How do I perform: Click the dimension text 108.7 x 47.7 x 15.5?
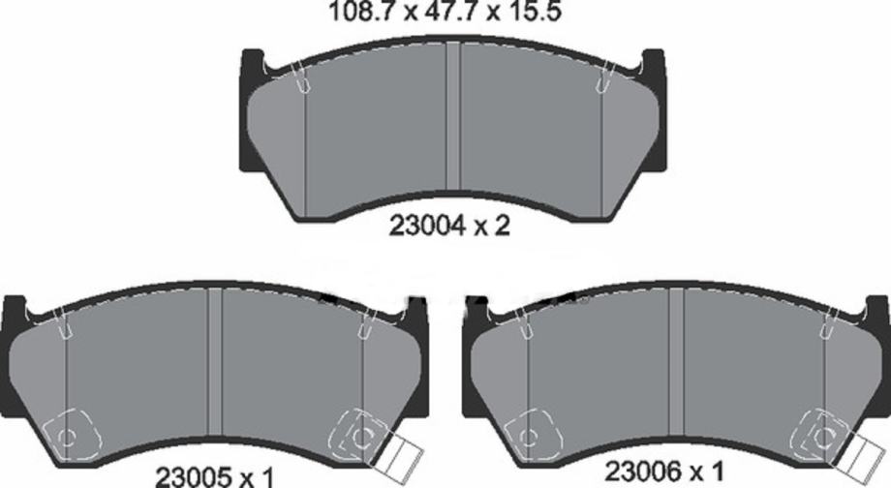[x=445, y=12]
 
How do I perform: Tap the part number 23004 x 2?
[x=449, y=227]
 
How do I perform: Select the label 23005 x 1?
[x=215, y=476]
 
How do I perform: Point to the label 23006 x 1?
[x=664, y=471]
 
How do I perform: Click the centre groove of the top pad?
[x=453, y=116]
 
